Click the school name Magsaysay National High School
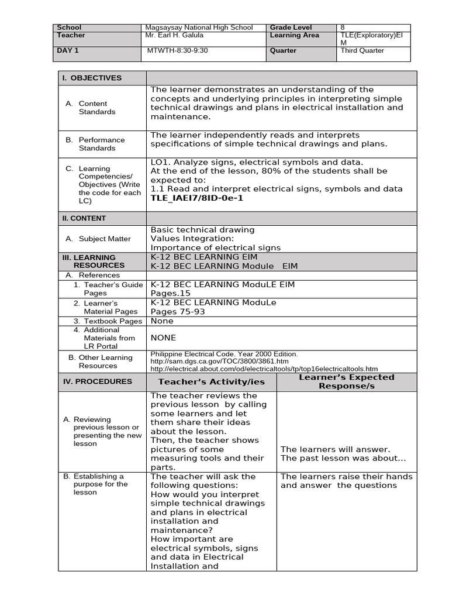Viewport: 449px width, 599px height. [199, 27]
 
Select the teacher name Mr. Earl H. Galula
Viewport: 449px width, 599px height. [174, 35]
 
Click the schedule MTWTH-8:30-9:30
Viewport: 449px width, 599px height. [177, 51]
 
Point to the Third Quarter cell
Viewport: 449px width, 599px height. [362, 51]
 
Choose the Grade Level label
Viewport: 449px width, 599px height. [291, 27]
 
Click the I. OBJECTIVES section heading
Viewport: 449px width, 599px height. [92, 78]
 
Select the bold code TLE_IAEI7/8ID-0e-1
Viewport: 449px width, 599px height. [196, 198]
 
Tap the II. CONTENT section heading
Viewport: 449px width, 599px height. [84, 218]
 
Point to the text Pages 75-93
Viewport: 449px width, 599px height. [178, 312]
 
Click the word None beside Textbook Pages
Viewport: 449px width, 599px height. [162, 321]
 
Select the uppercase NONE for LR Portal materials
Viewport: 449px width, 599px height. [163, 338]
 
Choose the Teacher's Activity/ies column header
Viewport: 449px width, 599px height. [211, 382]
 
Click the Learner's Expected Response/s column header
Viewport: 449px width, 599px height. [347, 382]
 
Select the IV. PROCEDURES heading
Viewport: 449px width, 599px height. [98, 381]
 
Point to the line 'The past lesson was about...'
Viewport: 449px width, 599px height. [343, 458]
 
